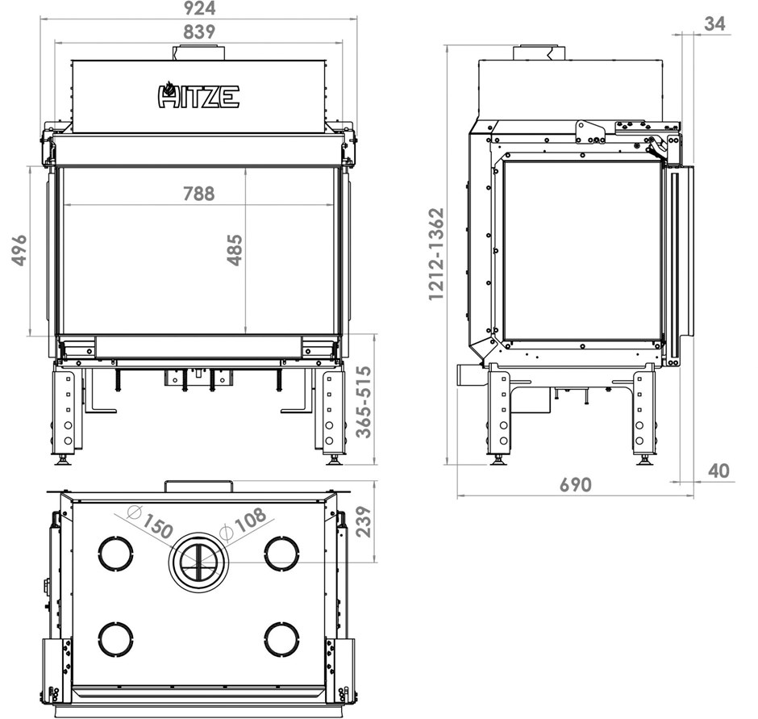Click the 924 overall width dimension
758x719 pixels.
[x=198, y=8]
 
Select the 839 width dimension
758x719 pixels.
[x=199, y=32]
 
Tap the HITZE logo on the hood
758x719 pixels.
[x=198, y=94]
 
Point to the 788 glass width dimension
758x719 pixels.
[x=198, y=194]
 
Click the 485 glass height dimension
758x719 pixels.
[x=235, y=249]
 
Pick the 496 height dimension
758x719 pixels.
[x=19, y=250]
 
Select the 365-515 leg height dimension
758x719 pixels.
[x=364, y=402]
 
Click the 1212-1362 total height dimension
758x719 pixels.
[x=436, y=254]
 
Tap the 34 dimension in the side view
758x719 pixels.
[x=715, y=23]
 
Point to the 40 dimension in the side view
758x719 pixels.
[x=718, y=470]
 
